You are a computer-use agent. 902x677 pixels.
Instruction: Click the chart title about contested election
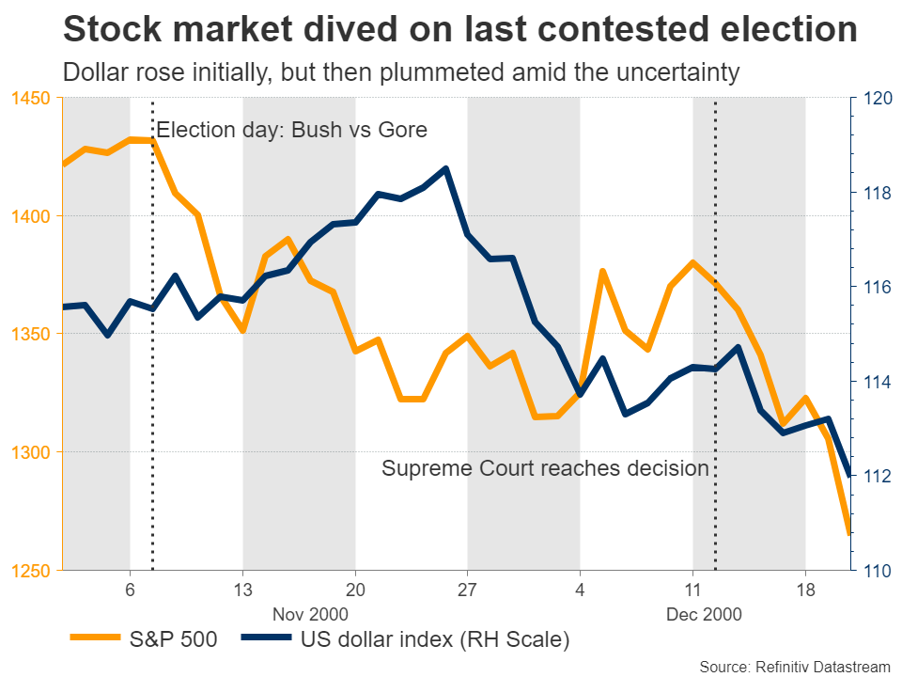459,30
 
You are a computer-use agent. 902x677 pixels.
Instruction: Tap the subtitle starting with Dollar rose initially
400,72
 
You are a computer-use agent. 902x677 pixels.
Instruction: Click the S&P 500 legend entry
145,640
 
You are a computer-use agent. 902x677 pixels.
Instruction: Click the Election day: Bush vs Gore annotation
291,130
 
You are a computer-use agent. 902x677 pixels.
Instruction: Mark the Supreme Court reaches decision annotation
545,468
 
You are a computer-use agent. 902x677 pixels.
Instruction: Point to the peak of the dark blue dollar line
445,169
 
